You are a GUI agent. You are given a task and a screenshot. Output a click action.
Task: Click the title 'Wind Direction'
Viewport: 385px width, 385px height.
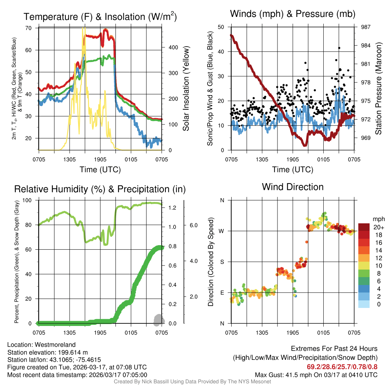click(293, 187)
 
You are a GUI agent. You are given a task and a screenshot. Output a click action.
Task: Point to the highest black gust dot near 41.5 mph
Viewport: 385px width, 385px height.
click(339, 48)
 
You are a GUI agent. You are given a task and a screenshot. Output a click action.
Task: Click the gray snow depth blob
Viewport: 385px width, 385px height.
click(159, 319)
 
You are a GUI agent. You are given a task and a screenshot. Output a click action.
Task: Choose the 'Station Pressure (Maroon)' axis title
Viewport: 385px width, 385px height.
click(379, 88)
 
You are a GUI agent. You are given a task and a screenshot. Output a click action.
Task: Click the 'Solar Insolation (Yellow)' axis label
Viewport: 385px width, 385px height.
click(186, 88)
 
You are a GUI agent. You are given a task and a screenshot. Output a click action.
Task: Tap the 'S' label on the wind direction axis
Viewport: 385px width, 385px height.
click(222, 262)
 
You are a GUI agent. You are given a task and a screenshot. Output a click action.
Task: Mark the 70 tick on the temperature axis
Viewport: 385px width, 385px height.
click(28, 28)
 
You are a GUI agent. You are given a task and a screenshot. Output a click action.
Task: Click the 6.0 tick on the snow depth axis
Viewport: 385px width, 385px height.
click(193, 225)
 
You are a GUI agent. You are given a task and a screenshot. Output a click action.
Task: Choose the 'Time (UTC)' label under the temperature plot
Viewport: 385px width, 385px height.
click(100, 170)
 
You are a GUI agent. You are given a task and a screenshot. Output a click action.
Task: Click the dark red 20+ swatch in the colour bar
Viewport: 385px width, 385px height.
click(364, 227)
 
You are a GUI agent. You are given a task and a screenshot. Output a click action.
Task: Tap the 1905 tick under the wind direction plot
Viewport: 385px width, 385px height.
click(293, 332)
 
